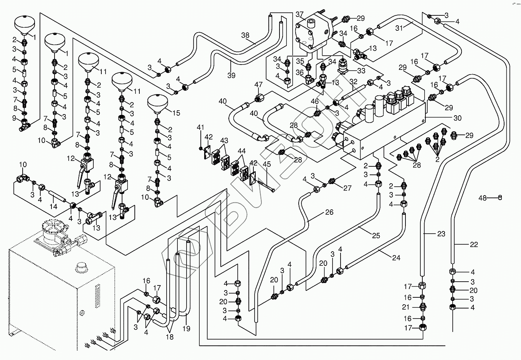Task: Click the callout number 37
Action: pyautogui.click(x=299, y=15)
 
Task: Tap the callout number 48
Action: pyautogui.click(x=483, y=198)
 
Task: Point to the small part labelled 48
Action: pyautogui.click(x=500, y=197)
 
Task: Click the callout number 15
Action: pyautogui.click(x=176, y=113)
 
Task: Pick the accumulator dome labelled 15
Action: pyautogui.click(x=158, y=103)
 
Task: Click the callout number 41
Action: pyautogui.click(x=200, y=127)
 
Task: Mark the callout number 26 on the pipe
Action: pyautogui.click(x=329, y=212)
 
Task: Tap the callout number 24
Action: pyautogui.click(x=396, y=258)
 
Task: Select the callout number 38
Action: pyautogui.click(x=245, y=35)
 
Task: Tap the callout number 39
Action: pyautogui.click(x=231, y=75)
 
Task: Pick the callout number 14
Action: pyautogui.click(x=53, y=206)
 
